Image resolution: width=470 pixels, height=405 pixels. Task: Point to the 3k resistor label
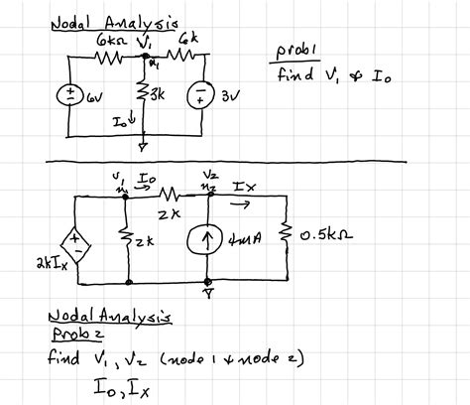coord(160,94)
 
